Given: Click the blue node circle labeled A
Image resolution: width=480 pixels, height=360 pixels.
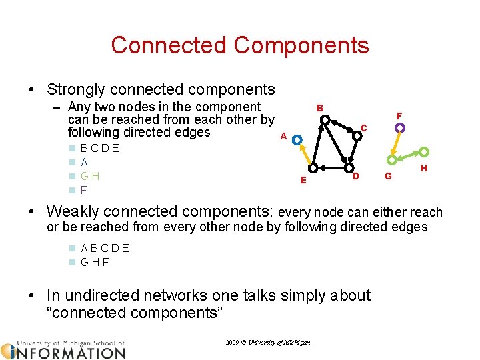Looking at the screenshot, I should click(x=297, y=141).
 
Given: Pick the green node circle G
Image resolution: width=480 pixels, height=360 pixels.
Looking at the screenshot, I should click(x=392, y=160).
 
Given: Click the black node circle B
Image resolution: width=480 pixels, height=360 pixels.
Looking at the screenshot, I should click(x=325, y=121).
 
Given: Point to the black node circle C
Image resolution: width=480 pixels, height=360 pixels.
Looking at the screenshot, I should click(x=355, y=134).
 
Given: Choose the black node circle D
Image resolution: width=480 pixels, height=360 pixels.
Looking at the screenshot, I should click(x=348, y=167).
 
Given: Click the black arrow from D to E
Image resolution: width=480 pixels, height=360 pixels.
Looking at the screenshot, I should click(x=329, y=167).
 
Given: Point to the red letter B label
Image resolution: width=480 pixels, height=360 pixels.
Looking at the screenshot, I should click(x=320, y=108).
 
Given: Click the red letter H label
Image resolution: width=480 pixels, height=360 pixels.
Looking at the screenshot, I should click(x=424, y=169).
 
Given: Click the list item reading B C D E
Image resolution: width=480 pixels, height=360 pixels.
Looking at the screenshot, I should click(x=99, y=148).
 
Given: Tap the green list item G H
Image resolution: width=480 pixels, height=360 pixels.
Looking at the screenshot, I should click(x=90, y=176).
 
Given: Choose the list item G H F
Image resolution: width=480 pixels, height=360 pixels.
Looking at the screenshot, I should click(x=95, y=262).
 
